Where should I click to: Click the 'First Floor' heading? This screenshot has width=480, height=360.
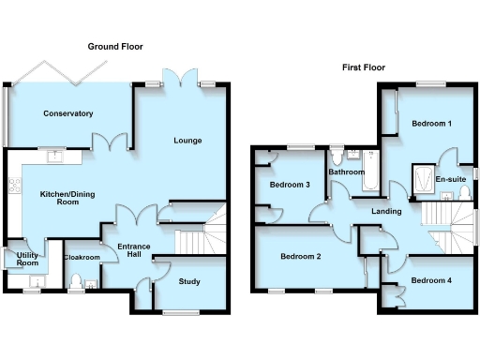pyautogui.click(x=365, y=67)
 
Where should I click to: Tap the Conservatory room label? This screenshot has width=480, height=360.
pyautogui.click(x=68, y=113)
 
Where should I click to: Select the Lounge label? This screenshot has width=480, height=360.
pyautogui.click(x=187, y=142)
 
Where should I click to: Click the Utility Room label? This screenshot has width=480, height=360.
pyautogui.click(x=16, y=259)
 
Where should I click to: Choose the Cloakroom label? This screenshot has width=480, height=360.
pyautogui.click(x=81, y=257)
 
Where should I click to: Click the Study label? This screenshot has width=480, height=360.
pyautogui.click(x=187, y=280)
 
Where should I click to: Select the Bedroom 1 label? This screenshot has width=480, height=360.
pyautogui.click(x=431, y=125)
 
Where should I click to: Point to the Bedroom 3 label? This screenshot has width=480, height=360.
pyautogui.click(x=290, y=185)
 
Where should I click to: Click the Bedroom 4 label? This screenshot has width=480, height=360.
pyautogui.click(x=431, y=281)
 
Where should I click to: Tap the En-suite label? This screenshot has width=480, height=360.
pyautogui.click(x=452, y=179)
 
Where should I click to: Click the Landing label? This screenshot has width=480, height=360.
pyautogui.click(x=386, y=212)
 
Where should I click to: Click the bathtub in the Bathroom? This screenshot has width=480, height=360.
pyautogui.click(x=367, y=175)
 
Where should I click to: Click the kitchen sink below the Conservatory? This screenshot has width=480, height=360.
pyautogui.click(x=56, y=157)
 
